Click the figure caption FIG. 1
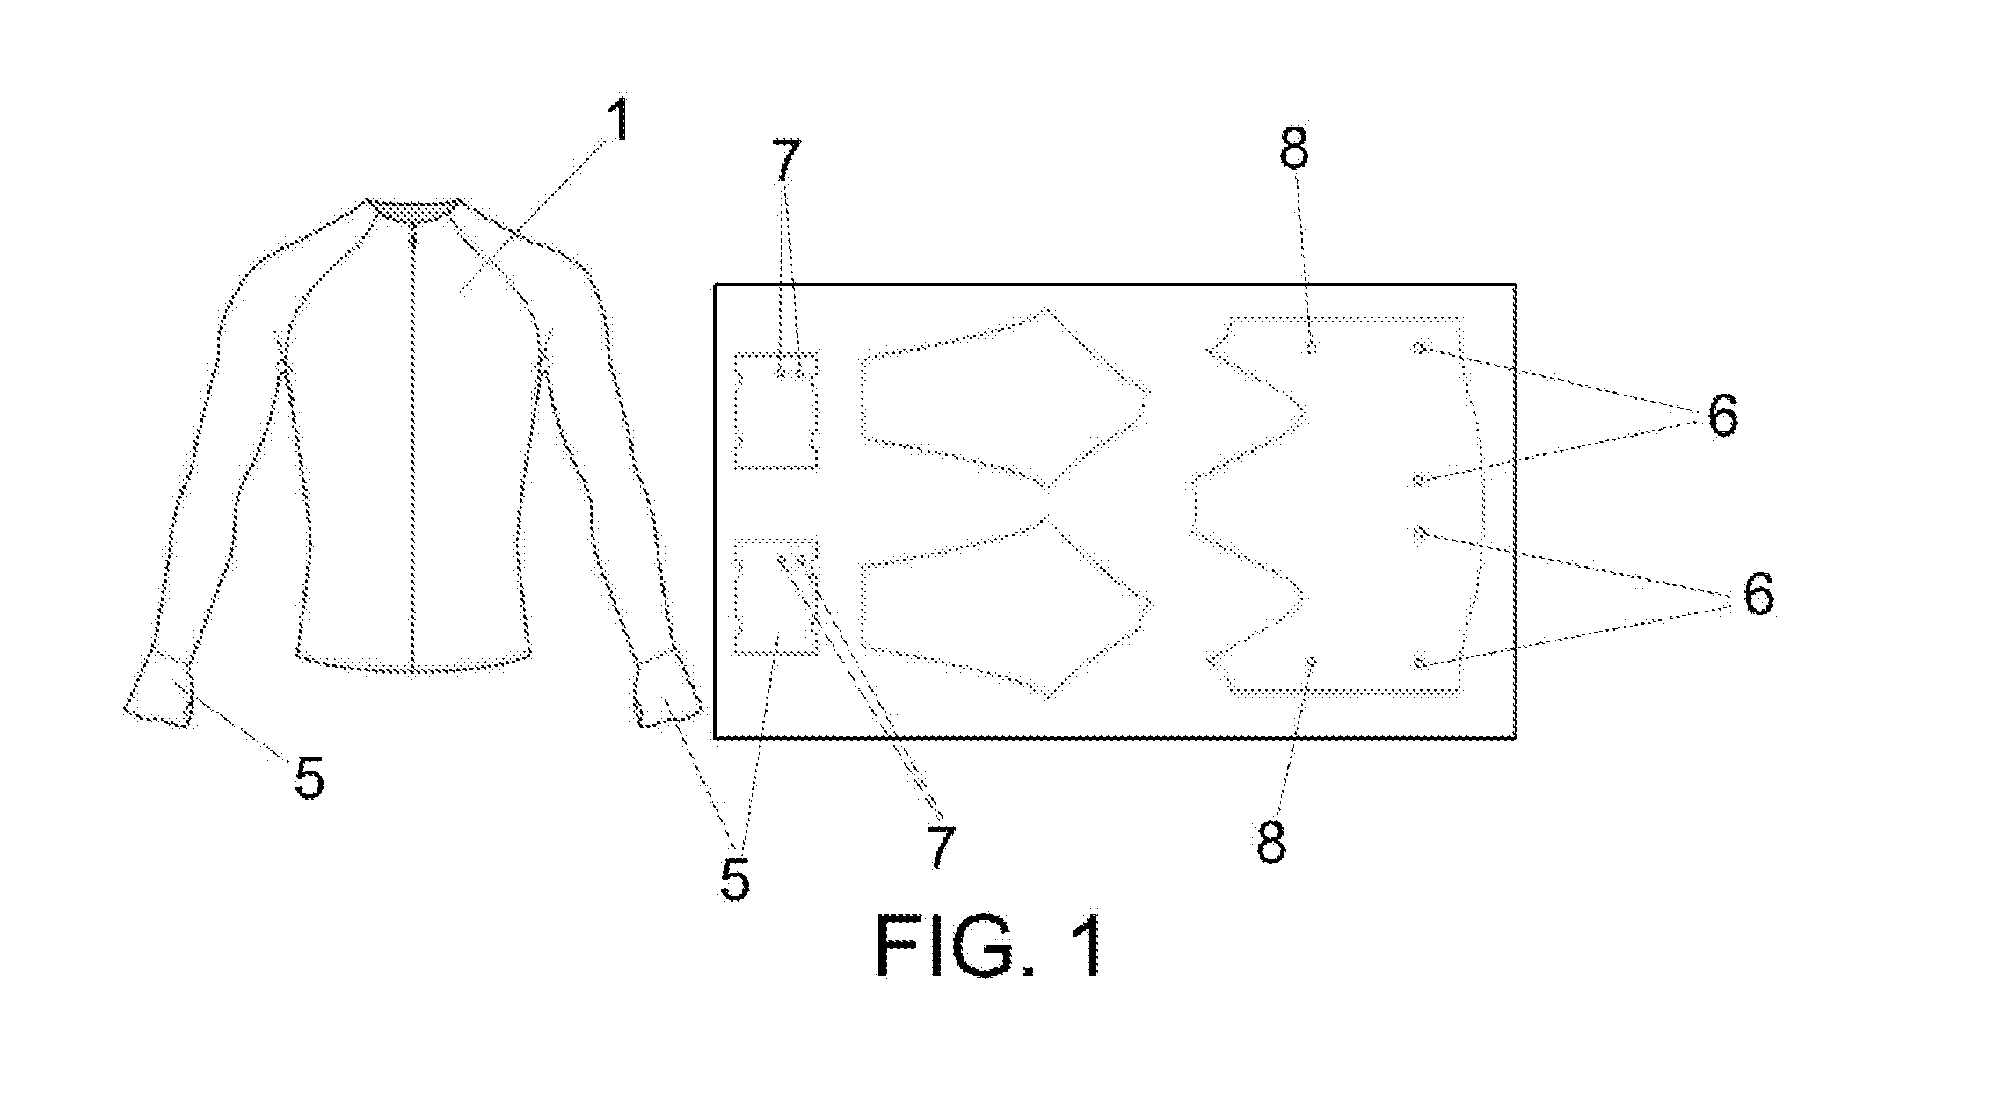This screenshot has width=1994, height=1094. tap(989, 946)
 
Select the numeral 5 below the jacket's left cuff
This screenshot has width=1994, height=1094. tap(309, 778)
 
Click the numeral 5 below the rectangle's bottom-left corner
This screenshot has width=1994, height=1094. tap(735, 880)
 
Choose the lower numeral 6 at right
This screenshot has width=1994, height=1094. tap(1758, 595)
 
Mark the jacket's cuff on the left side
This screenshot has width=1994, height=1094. tap(158, 690)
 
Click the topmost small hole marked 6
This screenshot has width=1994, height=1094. tap(1418, 347)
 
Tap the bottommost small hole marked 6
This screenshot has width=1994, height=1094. tap(1418, 663)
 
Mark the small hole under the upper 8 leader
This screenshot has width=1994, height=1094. tap(1311, 350)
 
